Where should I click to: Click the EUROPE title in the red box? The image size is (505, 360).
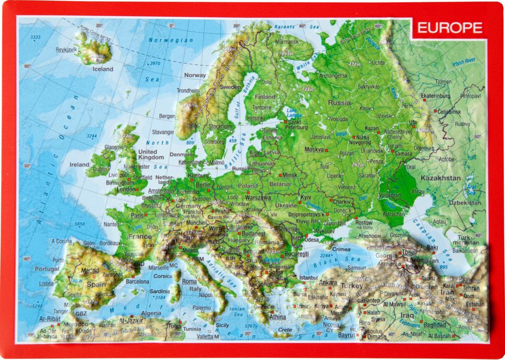tap(449, 28)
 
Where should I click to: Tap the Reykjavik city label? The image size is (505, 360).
tap(66, 50)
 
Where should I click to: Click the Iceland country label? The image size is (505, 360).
tap(103, 69)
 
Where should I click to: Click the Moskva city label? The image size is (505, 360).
tap(314, 150)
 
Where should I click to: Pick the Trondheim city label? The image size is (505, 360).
tap(188, 91)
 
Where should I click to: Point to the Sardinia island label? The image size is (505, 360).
tap(160, 291)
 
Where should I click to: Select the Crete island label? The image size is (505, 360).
tap(285, 330)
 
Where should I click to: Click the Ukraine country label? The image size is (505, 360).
tap(286, 206)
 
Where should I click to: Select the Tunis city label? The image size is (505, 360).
tap(174, 325)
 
